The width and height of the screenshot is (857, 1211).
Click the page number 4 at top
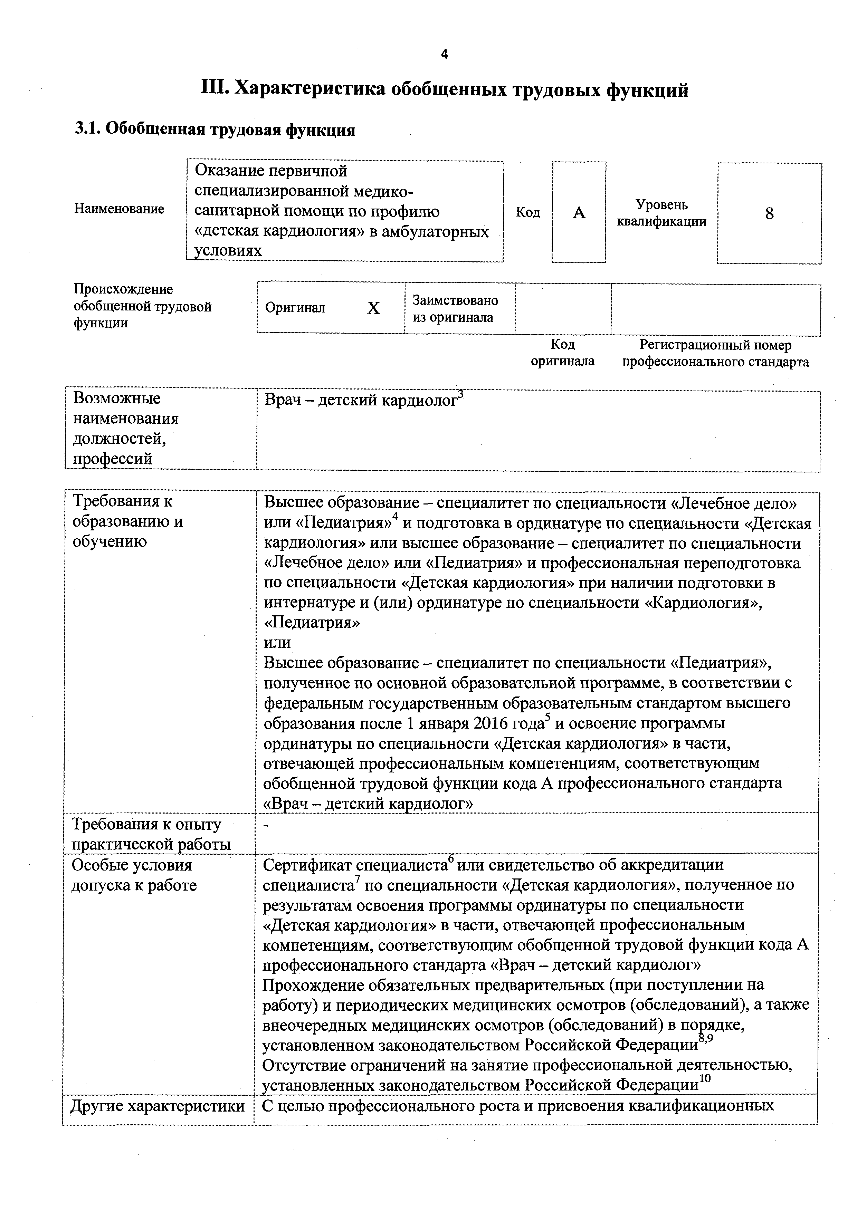[x=444, y=54]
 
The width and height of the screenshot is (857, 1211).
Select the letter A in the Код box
[x=579, y=213]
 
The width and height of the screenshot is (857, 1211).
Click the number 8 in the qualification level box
[x=769, y=214]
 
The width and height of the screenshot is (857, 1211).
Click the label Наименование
[x=119, y=209]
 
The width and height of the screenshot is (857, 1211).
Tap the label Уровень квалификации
[x=662, y=213]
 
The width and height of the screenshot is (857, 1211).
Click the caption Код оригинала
[x=563, y=353]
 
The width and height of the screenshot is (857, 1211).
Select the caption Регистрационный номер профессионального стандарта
[x=716, y=353]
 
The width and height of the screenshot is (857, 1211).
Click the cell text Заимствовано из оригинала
[x=455, y=309]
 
